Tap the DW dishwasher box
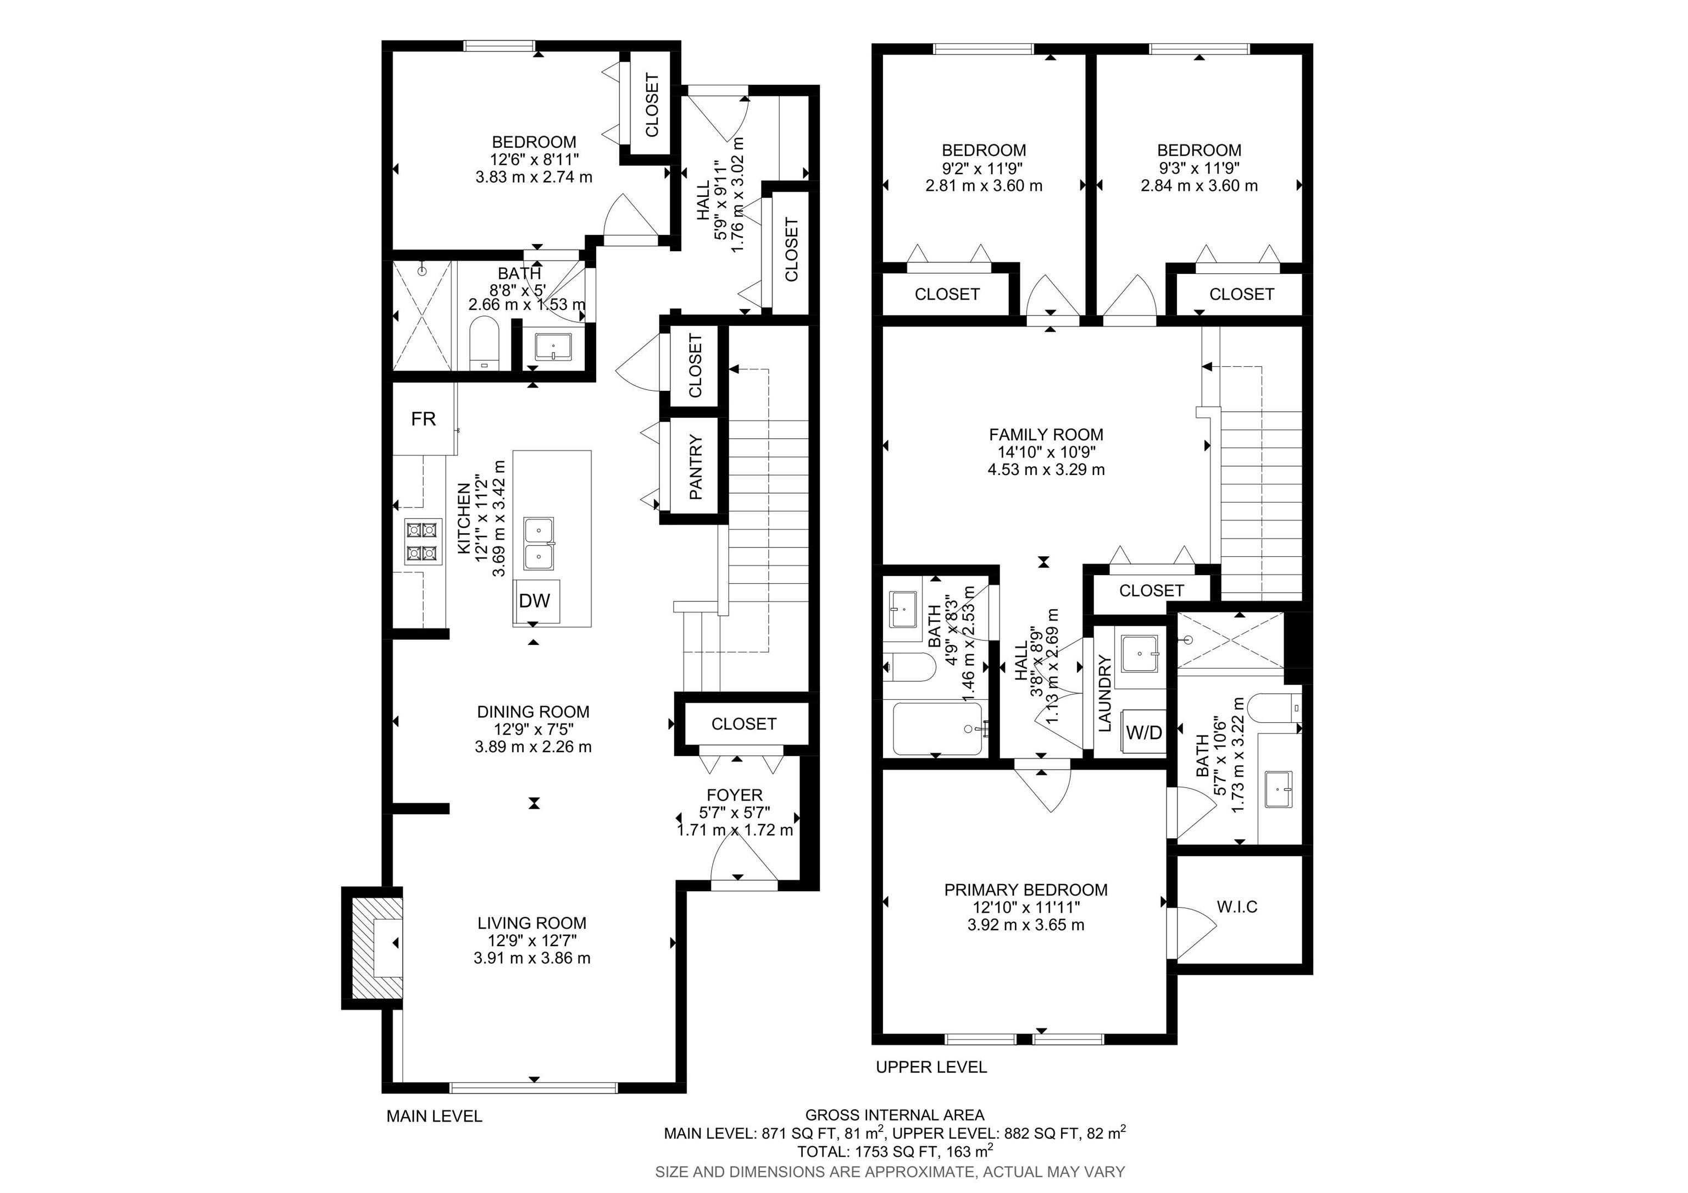535,601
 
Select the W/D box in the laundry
1144,733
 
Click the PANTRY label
696,468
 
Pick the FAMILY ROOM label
1046,435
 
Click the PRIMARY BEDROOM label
1025,890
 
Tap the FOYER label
735,795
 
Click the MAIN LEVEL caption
434,1117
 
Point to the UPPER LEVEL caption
931,1067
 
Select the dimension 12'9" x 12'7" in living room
532,941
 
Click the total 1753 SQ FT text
895,1151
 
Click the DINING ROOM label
533,712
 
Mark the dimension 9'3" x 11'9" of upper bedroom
1198,168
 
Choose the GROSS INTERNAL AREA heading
895,1115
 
